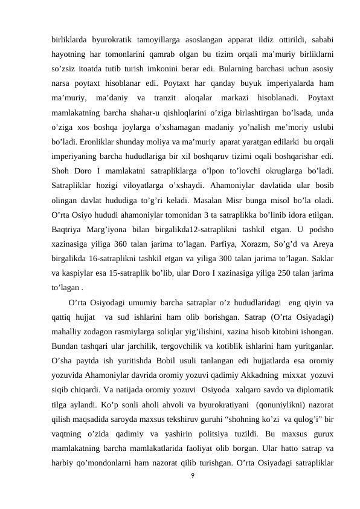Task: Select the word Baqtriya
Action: pos(68,229)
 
